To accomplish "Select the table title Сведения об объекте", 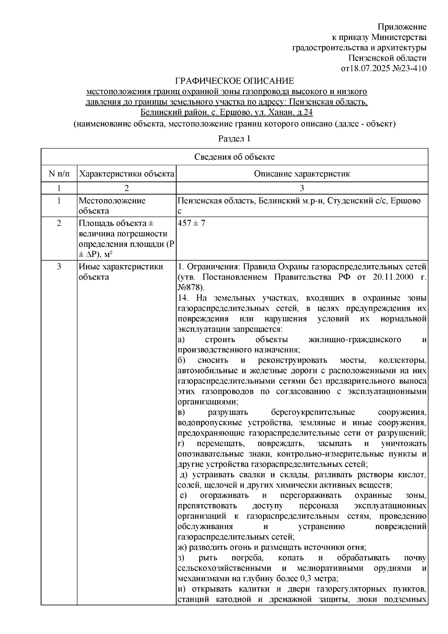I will click(x=234, y=157).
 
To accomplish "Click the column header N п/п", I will click(x=59, y=174).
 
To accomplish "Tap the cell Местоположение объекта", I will click(x=112, y=206).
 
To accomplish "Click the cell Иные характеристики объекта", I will click(x=121, y=272).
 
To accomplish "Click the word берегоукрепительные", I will click(x=313, y=413).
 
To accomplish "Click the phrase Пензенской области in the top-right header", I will click(x=387, y=58).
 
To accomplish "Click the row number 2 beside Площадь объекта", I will click(x=59, y=223).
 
